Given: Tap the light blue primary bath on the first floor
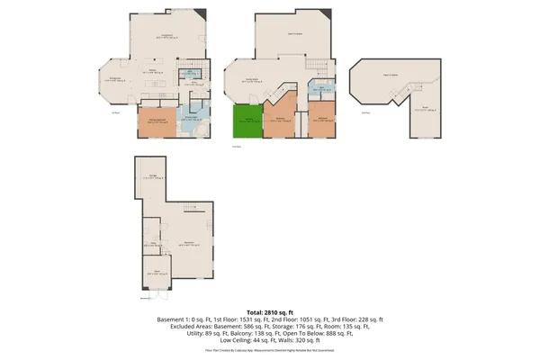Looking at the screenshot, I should [x=190, y=121].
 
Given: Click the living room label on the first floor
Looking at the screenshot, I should [x=167, y=37].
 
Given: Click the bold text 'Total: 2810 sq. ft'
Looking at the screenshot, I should [x=270, y=310].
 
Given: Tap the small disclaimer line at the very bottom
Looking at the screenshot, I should [x=270, y=349].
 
